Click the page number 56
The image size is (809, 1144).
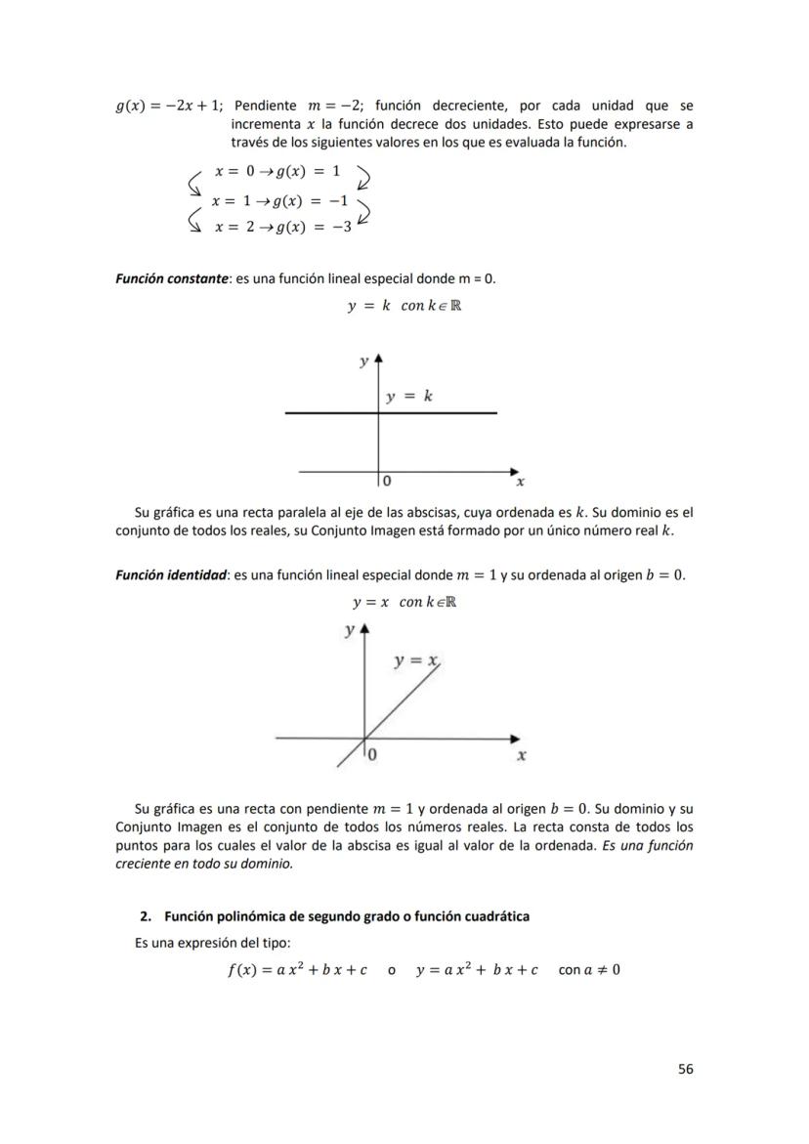point(685,1069)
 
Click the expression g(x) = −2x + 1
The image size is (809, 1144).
point(170,106)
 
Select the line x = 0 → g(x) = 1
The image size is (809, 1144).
point(277,171)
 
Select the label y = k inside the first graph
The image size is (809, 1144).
point(409,397)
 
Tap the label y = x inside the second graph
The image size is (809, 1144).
point(415,661)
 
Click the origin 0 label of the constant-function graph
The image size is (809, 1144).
point(388,482)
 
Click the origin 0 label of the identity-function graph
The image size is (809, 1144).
point(373,755)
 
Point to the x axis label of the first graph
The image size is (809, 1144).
point(521,482)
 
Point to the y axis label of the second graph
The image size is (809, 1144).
point(350,631)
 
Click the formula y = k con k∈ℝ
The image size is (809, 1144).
point(404,306)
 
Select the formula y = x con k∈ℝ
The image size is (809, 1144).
point(404,602)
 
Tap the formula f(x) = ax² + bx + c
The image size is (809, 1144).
point(296,970)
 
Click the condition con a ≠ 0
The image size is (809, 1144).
point(589,970)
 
